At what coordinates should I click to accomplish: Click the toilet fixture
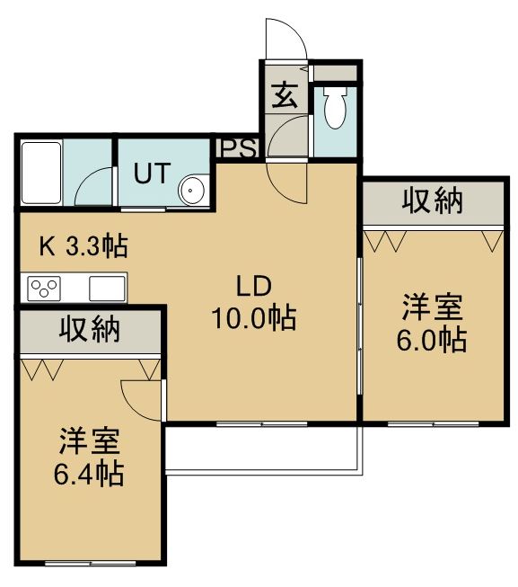coord(335,108)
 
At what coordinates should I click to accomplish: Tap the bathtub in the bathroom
coord(41,173)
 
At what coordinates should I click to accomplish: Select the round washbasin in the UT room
coord(192,191)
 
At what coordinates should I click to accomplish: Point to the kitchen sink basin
coord(107,289)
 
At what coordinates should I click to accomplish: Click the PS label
coord(239,148)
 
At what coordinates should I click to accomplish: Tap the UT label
coord(152,173)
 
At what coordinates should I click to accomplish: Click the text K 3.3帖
coord(83,246)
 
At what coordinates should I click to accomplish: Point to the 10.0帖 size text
coord(254,318)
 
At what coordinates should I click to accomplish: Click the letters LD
coord(254,286)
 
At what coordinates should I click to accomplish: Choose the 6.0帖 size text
coord(432,341)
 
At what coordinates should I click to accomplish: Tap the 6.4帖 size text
coord(89,474)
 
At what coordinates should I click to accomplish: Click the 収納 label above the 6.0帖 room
coord(433,201)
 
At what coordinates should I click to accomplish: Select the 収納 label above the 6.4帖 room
coord(90,329)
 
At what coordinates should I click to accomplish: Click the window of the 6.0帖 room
coord(433,424)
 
